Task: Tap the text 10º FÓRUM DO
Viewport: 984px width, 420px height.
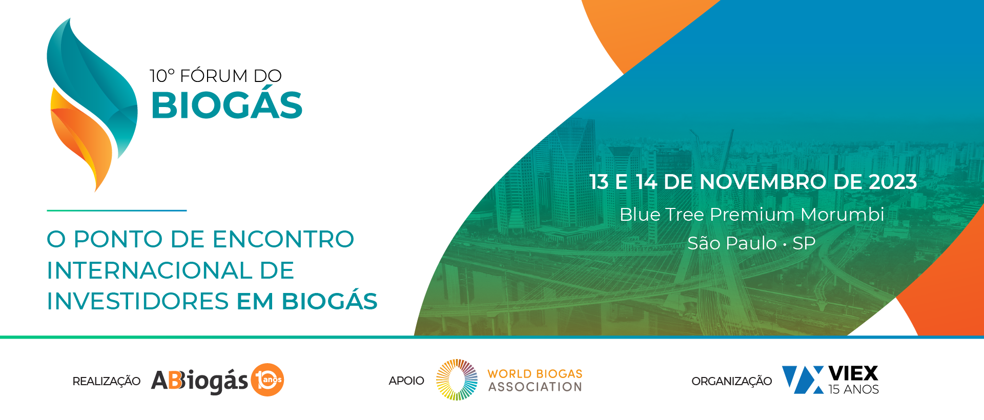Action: (x=215, y=76)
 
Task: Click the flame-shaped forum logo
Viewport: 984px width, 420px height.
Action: (x=92, y=105)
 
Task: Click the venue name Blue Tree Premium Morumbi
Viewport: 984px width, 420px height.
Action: (x=752, y=214)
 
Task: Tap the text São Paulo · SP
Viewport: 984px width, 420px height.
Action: (x=751, y=243)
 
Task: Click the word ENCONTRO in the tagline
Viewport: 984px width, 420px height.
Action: (x=283, y=239)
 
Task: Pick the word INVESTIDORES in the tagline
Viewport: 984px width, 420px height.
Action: (x=138, y=301)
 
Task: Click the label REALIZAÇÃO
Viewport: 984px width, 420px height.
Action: (x=107, y=381)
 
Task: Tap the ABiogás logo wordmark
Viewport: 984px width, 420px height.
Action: (x=200, y=381)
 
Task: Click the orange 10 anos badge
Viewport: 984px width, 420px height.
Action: (x=267, y=380)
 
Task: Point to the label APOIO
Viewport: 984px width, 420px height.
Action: (x=406, y=381)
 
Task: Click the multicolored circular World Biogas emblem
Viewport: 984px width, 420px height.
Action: (x=457, y=380)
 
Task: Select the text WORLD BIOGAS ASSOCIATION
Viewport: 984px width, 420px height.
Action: (x=535, y=380)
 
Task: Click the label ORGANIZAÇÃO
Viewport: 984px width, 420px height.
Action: (x=731, y=381)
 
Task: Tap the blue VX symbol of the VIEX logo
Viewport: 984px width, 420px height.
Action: (x=803, y=380)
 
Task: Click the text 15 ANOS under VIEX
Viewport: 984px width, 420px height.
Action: (x=853, y=389)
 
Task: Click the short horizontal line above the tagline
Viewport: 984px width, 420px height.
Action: (x=117, y=211)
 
